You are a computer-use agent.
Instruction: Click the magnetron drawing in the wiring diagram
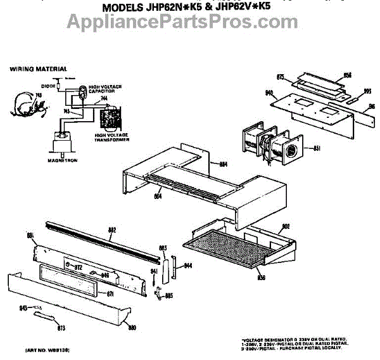coord(62,142)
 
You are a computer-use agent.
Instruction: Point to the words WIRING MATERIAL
coord(38,68)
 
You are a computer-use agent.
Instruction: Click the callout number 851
coord(316,148)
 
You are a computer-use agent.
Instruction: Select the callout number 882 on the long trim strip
coord(112,229)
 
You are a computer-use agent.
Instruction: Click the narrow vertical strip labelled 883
coord(163,267)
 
